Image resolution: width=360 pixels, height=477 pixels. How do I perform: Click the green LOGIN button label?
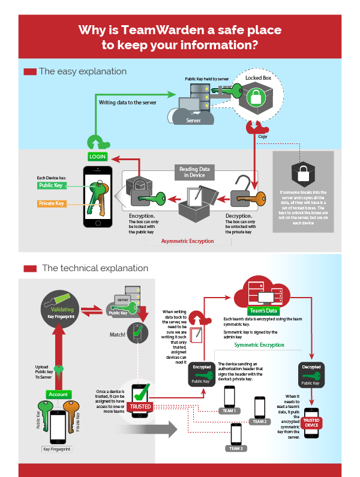(97, 156)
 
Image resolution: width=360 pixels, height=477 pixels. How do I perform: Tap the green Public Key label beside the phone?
(51, 186)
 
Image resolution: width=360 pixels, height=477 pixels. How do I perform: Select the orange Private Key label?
(51, 204)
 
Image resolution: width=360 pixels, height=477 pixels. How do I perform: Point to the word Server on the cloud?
(193, 120)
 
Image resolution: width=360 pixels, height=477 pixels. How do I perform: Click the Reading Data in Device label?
(193, 172)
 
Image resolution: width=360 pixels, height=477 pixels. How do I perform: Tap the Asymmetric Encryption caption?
(187, 241)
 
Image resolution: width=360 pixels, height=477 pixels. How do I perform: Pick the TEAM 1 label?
(230, 411)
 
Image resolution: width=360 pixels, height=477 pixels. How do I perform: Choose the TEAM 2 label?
(259, 421)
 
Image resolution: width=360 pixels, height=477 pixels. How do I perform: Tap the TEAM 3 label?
(236, 448)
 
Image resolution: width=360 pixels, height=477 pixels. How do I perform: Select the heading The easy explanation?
(82, 71)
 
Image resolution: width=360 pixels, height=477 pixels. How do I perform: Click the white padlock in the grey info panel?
(302, 173)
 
